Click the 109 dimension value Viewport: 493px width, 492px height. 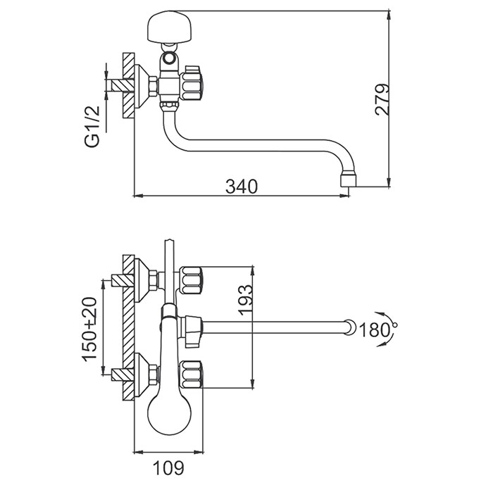[170, 466]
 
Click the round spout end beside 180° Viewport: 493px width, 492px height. [348, 327]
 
